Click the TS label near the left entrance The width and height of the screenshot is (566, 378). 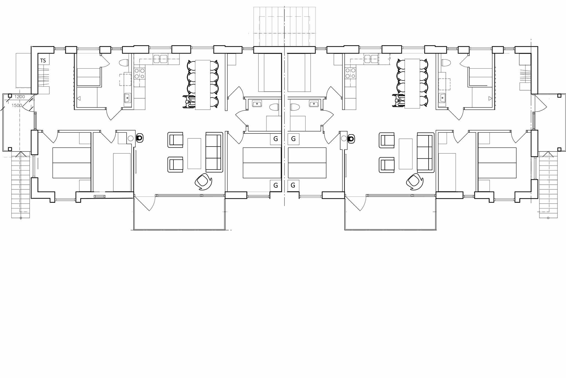[43, 61]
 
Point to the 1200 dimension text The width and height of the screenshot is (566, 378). [20, 97]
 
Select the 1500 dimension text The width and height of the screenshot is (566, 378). [17, 106]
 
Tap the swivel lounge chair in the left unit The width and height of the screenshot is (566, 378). [204, 182]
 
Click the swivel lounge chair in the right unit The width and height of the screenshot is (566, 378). [415, 182]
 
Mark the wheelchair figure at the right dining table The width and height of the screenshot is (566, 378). [398, 101]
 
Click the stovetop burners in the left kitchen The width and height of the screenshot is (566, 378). [139, 73]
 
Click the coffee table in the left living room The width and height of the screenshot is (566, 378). [194, 153]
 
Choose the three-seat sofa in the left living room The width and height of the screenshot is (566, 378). [214, 152]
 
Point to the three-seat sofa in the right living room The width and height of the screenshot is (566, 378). [425, 152]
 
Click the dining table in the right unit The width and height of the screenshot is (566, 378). [412, 83]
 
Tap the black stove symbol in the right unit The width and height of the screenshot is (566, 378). [351, 138]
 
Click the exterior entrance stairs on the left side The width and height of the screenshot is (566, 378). [21, 185]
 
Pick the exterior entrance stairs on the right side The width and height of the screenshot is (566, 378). [548, 185]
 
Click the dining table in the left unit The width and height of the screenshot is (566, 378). [203, 85]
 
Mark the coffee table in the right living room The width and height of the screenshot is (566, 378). [406, 154]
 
